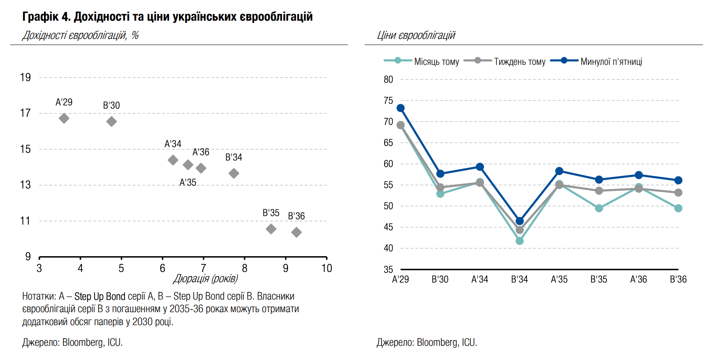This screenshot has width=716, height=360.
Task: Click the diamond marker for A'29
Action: pos(64,118)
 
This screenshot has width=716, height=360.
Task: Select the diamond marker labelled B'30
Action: pos(112,122)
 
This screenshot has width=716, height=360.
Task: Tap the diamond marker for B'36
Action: pos(297,232)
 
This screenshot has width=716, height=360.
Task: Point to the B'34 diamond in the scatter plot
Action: pos(234,174)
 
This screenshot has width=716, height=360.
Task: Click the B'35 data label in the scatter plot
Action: pos(271,213)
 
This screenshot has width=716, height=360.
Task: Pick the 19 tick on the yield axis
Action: pos(25,77)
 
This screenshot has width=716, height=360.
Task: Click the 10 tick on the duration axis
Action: pos(327,268)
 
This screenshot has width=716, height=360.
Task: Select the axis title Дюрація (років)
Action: pos(205,279)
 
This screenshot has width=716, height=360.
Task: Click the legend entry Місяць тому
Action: pos(436,62)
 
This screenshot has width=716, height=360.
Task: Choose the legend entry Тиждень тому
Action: pos(519,62)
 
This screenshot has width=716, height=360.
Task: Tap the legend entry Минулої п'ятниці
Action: pos(611,62)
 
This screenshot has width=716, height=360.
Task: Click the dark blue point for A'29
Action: pos(400,108)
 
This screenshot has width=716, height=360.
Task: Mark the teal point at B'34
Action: pos(520,241)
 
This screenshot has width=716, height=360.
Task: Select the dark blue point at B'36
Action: pos(678,180)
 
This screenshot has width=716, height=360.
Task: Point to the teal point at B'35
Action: pos(599,208)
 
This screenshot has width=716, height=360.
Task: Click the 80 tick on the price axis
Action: pos(388,79)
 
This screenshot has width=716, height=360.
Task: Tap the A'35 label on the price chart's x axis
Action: pos(559,279)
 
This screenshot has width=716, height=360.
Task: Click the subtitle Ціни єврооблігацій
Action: pos(416,36)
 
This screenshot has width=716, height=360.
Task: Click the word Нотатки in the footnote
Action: pos(39,296)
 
